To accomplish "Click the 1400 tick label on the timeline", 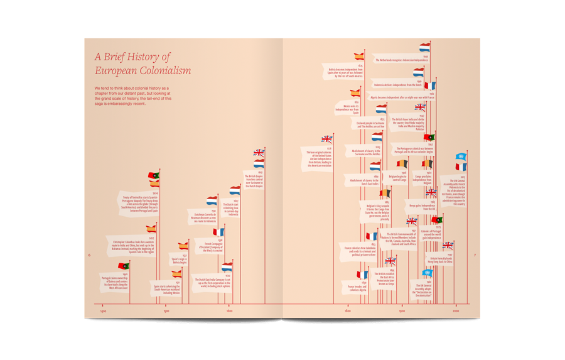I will [103, 311].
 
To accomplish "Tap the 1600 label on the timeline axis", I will [229, 311].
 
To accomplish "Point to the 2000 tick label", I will [456, 311].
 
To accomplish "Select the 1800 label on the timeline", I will [347, 311].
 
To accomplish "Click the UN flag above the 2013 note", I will [460, 157].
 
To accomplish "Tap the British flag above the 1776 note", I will [327, 139].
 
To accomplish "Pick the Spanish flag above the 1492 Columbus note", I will [151, 229].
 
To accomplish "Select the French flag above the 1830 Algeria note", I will [362, 275].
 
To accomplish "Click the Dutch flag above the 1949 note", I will [425, 48].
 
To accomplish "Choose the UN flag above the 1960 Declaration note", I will [427, 273].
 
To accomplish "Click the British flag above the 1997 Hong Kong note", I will [448, 246].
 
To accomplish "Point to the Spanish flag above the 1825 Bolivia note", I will [359, 57].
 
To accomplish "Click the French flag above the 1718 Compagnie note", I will [218, 232].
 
